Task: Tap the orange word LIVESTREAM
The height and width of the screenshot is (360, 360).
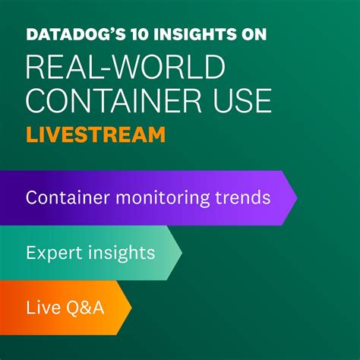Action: pos(96,134)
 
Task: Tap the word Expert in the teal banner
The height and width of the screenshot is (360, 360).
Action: pos(49,252)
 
